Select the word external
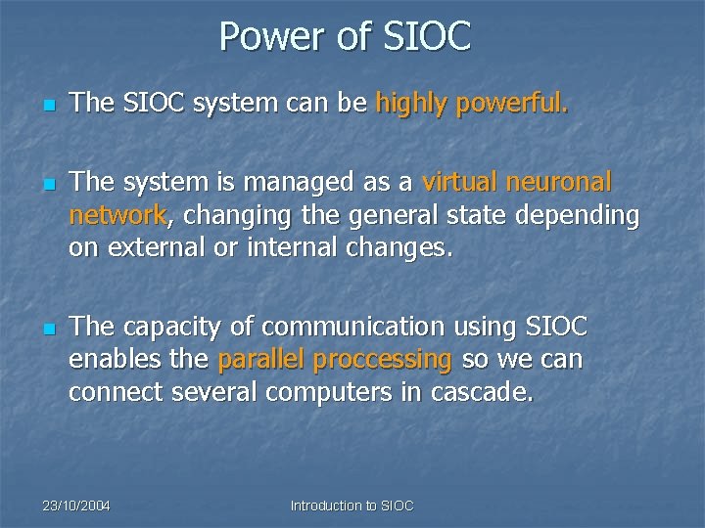click(154, 248)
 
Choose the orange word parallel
click(260, 360)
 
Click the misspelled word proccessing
click(382, 360)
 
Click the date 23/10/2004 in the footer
click(76, 506)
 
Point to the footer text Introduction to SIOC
click(352, 506)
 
